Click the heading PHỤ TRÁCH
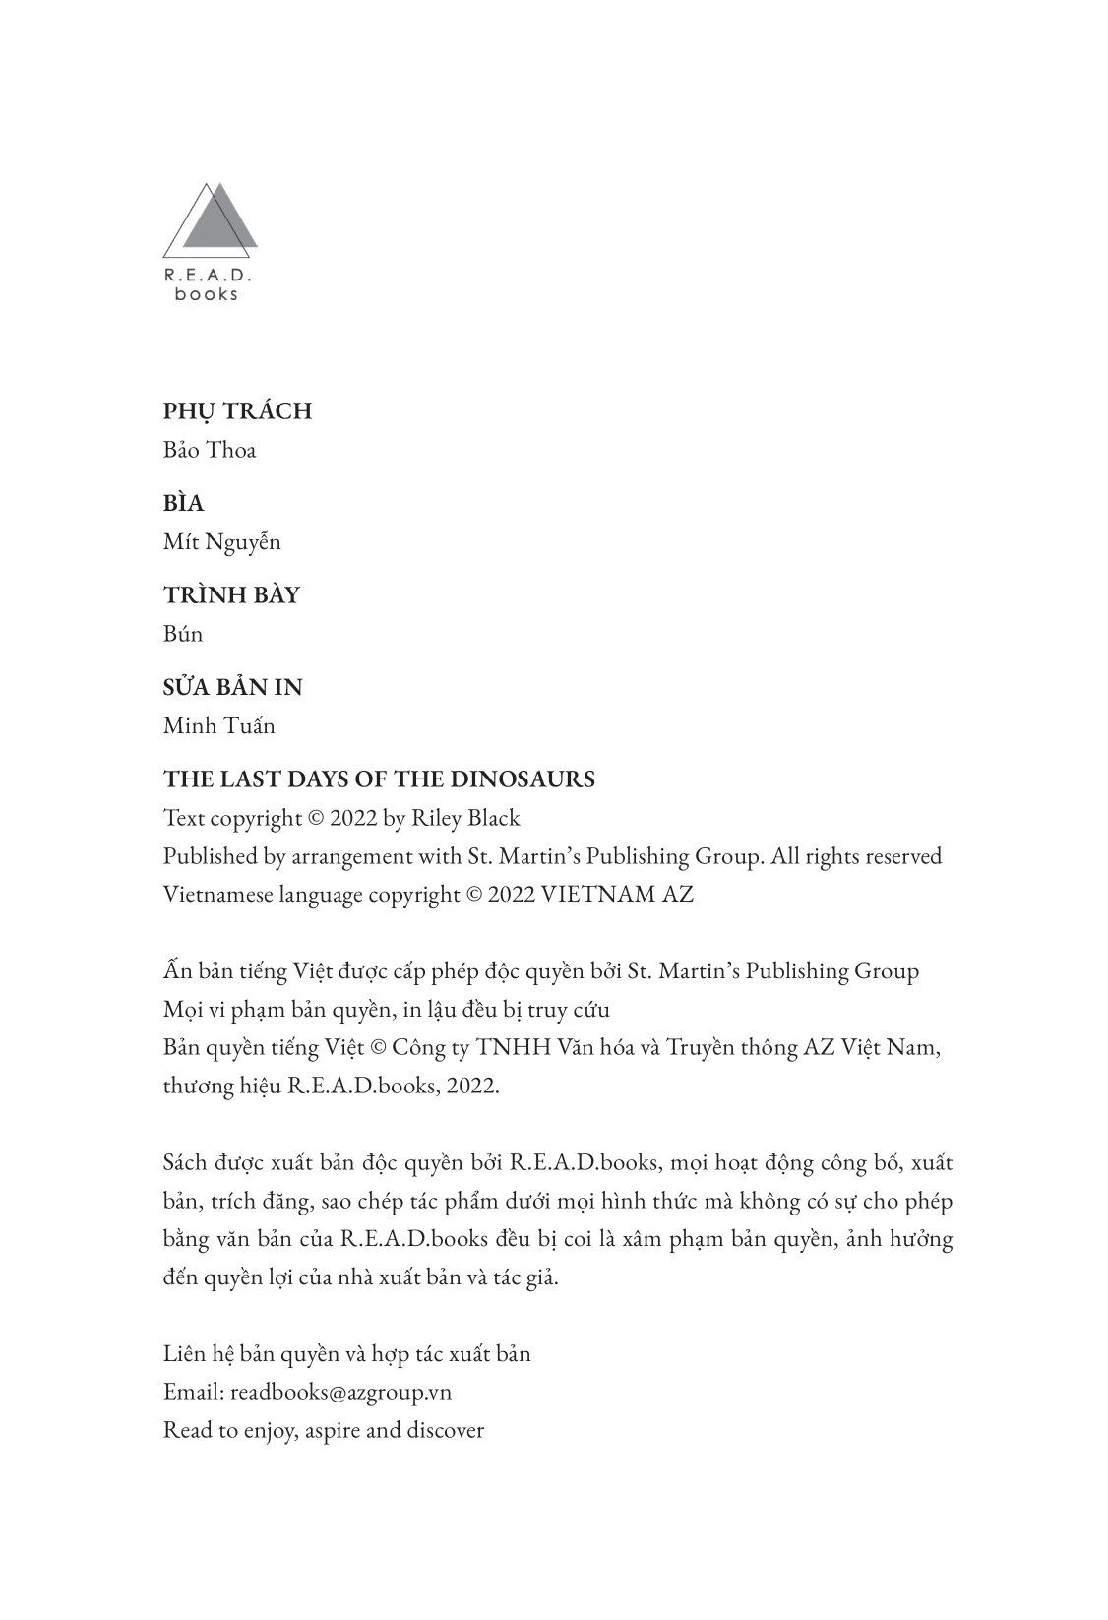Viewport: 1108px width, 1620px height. [x=237, y=411]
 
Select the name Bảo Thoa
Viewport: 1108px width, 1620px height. [x=210, y=450]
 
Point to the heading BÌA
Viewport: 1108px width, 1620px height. [x=184, y=503]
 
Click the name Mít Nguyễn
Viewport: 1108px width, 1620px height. [x=222, y=541]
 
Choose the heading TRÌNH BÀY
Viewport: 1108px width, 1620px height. [x=231, y=595]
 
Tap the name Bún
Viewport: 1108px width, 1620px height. [x=183, y=634]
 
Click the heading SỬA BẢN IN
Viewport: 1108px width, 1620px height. [x=233, y=687]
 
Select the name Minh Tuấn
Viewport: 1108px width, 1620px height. [x=219, y=726]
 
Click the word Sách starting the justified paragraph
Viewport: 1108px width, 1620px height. [x=185, y=1162]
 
